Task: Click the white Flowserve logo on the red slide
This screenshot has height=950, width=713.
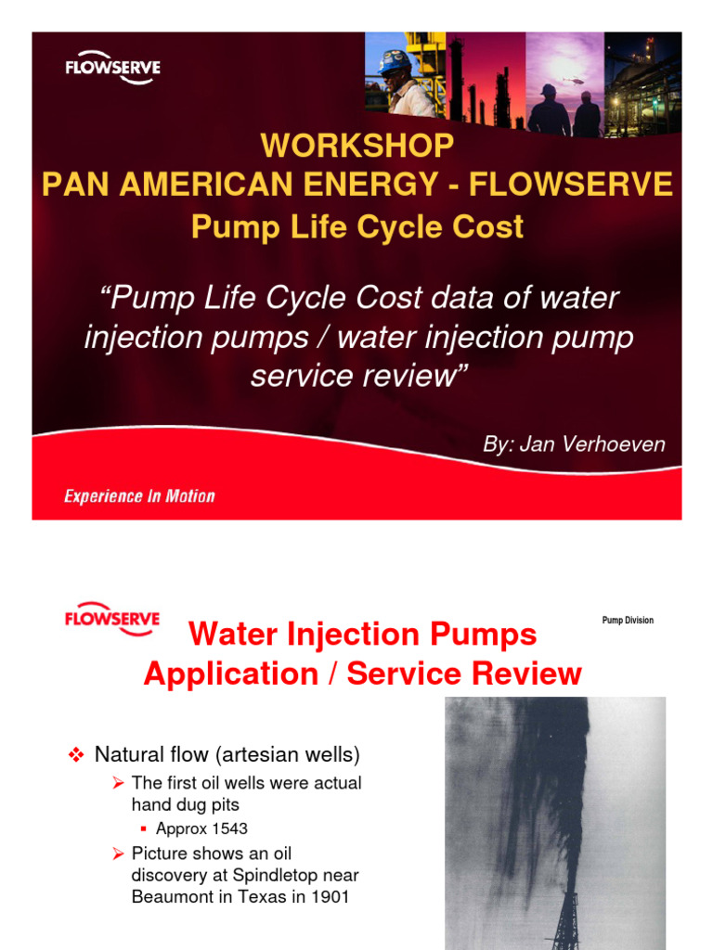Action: coord(112,67)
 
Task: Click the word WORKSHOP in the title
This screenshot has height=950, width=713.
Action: coord(357,145)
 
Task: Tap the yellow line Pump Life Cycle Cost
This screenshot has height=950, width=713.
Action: coord(357,226)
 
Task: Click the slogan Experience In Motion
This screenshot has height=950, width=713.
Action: coord(139,496)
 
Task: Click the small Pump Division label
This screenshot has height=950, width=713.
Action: coord(628,621)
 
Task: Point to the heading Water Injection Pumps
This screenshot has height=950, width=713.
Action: coord(362,635)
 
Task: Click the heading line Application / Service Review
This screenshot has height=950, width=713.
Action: coord(362,674)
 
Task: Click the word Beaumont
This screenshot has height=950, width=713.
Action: coord(170,897)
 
